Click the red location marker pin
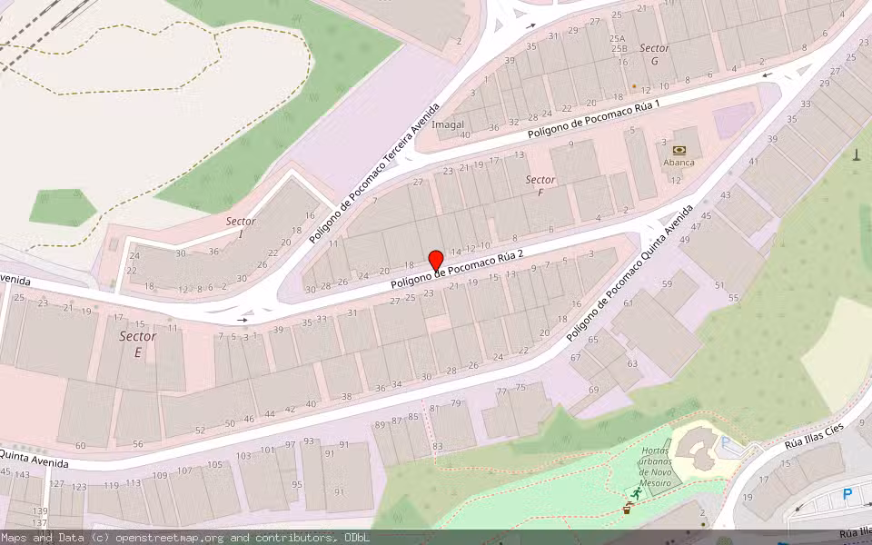435,260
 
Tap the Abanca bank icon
679,150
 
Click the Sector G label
654,54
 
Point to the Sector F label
540,186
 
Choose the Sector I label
241,227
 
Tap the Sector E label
137,343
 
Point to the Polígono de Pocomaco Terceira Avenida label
373,173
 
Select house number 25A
618,39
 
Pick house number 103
243,456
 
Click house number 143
23,474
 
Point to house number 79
456,402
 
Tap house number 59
667,284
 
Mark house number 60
80,445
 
